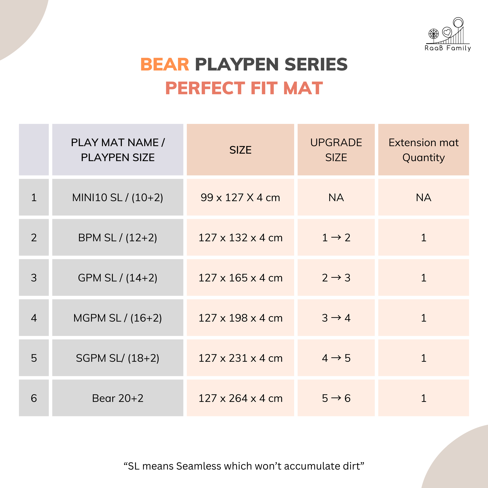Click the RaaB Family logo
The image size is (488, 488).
(x=448, y=34)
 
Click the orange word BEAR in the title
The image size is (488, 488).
(x=165, y=64)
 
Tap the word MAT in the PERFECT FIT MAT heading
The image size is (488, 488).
(x=303, y=88)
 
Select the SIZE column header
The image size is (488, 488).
(x=240, y=150)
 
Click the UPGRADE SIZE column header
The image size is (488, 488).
(x=336, y=150)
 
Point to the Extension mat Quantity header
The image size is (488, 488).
(x=423, y=150)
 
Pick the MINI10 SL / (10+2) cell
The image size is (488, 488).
(x=118, y=197)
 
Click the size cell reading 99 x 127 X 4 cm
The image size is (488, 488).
(x=240, y=197)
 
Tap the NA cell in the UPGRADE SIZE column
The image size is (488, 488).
(x=336, y=197)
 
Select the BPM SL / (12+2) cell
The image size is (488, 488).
(x=118, y=237)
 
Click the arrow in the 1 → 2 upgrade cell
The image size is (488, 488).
(x=336, y=237)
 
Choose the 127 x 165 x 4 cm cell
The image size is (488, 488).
(x=240, y=278)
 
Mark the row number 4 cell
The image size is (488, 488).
(x=34, y=318)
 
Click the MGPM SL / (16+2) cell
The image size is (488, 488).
(x=118, y=318)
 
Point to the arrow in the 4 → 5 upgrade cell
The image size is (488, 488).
(x=336, y=358)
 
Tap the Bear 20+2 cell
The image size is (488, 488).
(x=118, y=398)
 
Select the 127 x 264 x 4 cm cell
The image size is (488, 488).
(x=240, y=398)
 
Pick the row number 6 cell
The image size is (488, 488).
(x=34, y=398)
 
